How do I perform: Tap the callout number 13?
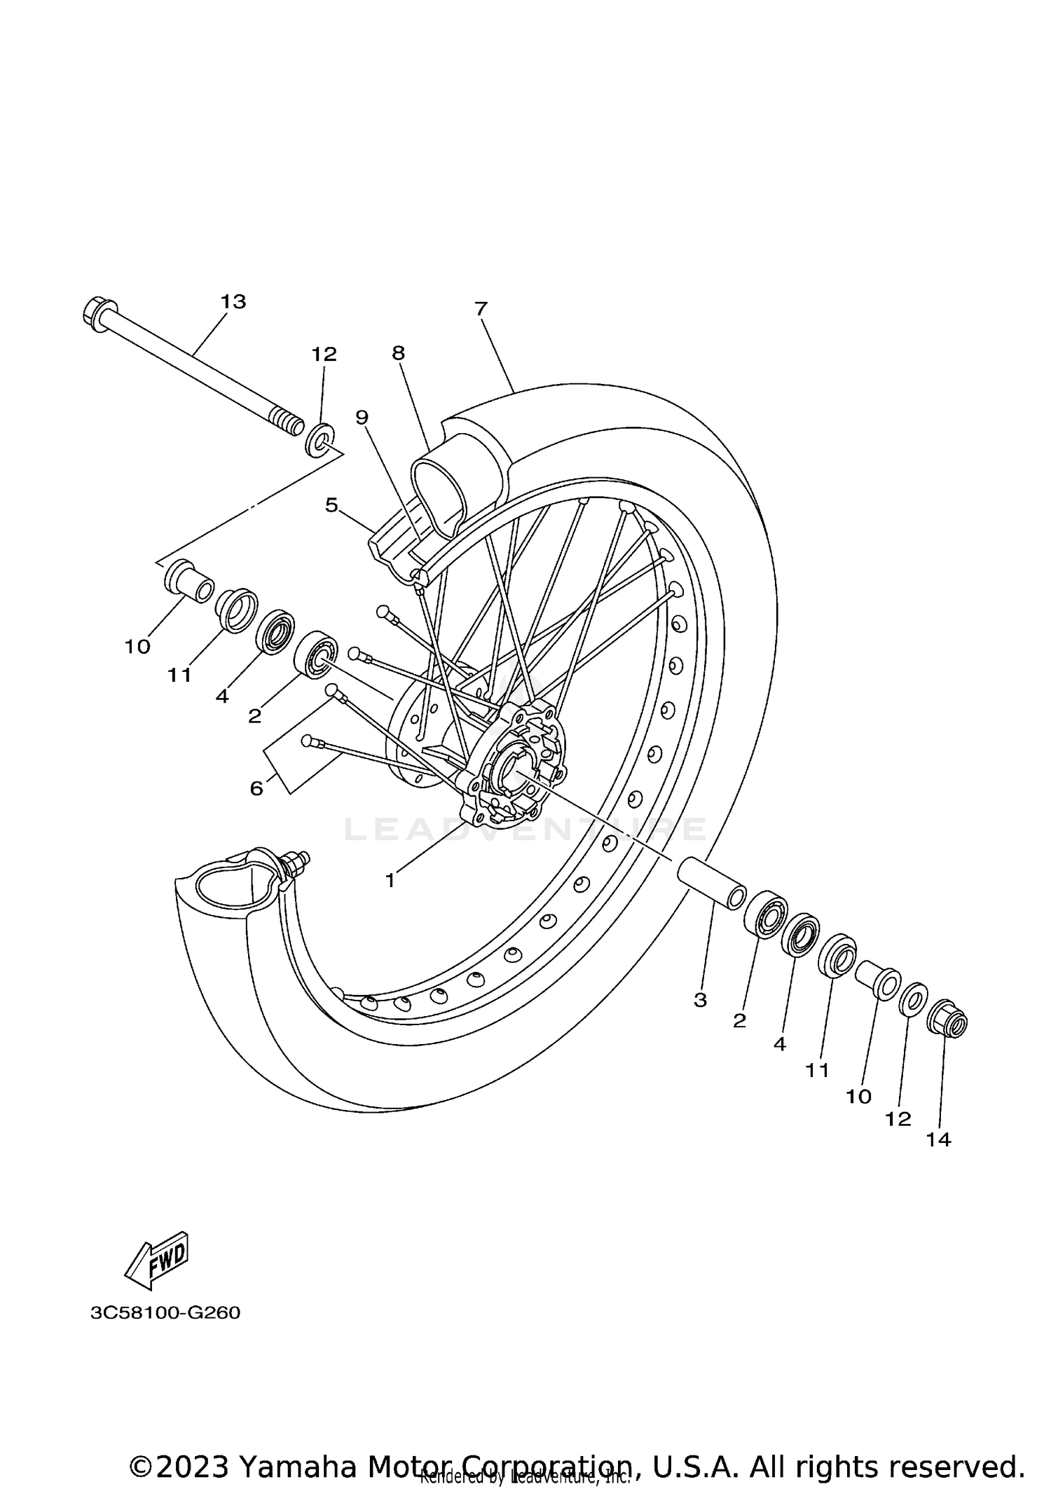pyautogui.click(x=233, y=302)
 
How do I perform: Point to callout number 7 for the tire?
pyautogui.click(x=481, y=309)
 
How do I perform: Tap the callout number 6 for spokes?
pyautogui.click(x=256, y=788)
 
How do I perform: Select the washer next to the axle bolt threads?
pyautogui.click(x=320, y=440)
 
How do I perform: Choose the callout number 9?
pyautogui.click(x=362, y=418)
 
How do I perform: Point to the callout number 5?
pyautogui.click(x=331, y=505)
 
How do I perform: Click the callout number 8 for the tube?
pyautogui.click(x=398, y=353)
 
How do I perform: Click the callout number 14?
pyautogui.click(x=938, y=1140)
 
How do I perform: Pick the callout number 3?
pyautogui.click(x=700, y=1001)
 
